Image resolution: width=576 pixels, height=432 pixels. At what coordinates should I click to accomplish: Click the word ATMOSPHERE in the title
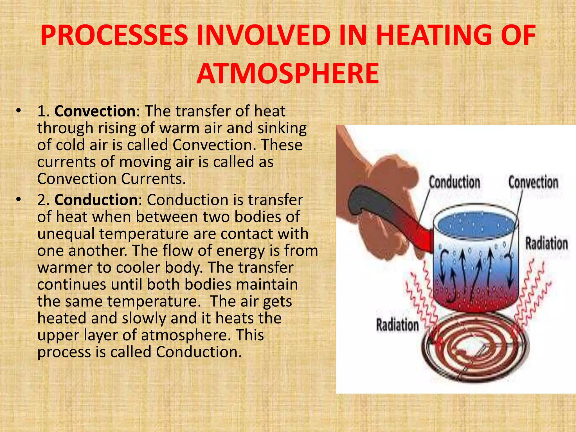tap(287, 74)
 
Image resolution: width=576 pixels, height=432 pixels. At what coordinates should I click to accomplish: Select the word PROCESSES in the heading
tap(114, 36)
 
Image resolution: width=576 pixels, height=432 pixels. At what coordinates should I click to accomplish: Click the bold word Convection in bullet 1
tap(95, 111)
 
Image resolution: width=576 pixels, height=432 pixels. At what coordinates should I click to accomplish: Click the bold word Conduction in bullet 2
tap(96, 200)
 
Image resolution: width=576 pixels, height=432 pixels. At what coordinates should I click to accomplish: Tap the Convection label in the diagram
tap(533, 182)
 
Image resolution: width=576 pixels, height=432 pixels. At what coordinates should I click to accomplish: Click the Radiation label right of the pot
tap(546, 244)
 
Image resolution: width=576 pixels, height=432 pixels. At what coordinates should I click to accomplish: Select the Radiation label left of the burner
tap(397, 325)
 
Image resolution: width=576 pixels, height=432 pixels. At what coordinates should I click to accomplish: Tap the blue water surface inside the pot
tap(475, 225)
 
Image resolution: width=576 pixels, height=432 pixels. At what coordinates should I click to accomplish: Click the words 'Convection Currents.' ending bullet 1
tap(112, 179)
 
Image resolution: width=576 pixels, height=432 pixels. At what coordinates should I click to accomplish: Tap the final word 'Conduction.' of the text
tap(199, 352)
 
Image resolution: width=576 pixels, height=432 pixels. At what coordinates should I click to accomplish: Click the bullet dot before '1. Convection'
tap(19, 111)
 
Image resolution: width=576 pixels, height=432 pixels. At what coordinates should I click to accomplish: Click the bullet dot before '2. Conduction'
tap(19, 200)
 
